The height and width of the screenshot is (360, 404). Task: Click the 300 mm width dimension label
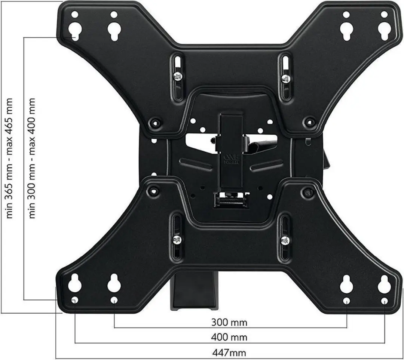tap(229, 322)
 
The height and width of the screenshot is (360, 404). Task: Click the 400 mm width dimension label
tap(229, 337)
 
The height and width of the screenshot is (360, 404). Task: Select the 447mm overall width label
tap(229, 352)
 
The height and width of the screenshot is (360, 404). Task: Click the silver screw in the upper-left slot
tap(178, 77)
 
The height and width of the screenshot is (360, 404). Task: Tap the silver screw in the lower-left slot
tap(177, 240)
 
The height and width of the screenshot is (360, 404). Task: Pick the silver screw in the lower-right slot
tap(285, 241)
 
